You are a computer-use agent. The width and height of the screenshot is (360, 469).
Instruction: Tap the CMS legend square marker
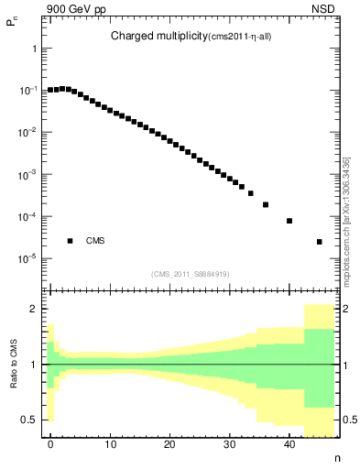(70, 241)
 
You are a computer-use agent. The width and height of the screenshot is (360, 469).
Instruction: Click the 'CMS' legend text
(95, 241)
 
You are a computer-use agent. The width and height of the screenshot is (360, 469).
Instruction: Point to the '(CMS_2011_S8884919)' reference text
(191, 274)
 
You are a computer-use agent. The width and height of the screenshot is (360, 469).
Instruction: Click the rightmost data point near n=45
(319, 242)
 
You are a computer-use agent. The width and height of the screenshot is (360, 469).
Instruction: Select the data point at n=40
(289, 221)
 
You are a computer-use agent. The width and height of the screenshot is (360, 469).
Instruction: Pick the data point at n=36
(266, 204)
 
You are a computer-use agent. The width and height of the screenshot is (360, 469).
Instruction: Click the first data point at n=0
(50, 91)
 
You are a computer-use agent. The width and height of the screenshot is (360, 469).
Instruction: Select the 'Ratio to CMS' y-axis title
(14, 364)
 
